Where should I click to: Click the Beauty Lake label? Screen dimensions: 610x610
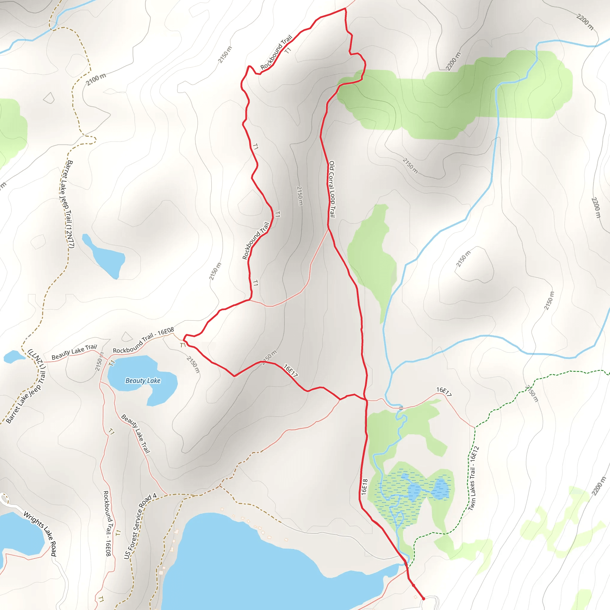coord(143,381)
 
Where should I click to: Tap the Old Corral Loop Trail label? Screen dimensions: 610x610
coord(332,189)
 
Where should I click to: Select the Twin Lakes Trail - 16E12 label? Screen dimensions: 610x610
coord(473,478)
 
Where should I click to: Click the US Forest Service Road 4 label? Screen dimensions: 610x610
coord(140,526)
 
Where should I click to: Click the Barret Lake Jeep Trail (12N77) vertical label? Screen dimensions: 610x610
coord(67,204)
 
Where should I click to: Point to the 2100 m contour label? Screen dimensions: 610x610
coord(96,79)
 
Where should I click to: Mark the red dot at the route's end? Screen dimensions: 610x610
coord(424,598)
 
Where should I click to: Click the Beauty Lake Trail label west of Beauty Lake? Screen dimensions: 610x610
coord(74,351)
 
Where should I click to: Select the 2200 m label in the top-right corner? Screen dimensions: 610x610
coord(585,22)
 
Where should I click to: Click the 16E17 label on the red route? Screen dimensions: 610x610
coord(290,370)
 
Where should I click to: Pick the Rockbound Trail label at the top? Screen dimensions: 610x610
coord(276,52)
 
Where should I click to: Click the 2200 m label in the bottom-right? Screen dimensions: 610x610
coord(599,486)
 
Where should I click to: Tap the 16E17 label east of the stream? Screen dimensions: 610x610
coord(444,391)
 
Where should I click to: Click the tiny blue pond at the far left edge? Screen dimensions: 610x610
coord(13,357)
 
